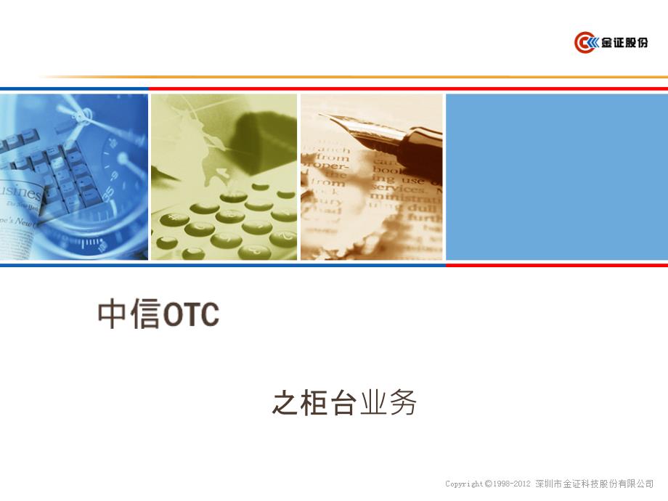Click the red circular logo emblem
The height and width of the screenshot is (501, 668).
pyautogui.click(x=585, y=43)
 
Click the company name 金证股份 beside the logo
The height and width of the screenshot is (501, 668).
pyautogui.click(x=623, y=43)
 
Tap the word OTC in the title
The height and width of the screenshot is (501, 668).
pyautogui.click(x=191, y=315)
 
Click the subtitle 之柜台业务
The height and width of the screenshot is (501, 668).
pyautogui.click(x=344, y=403)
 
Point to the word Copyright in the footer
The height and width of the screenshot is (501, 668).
pyautogui.click(x=464, y=484)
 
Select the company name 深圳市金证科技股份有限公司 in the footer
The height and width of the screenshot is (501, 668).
pyautogui.click(x=594, y=484)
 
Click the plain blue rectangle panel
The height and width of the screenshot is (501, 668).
pyautogui.click(x=556, y=176)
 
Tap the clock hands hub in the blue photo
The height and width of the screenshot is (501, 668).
pyautogui.click(x=86, y=114)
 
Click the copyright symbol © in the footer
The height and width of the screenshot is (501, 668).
pyautogui.click(x=489, y=484)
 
